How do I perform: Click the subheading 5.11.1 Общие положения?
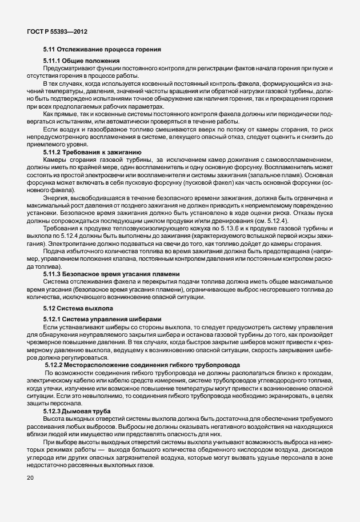(x=81, y=61)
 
